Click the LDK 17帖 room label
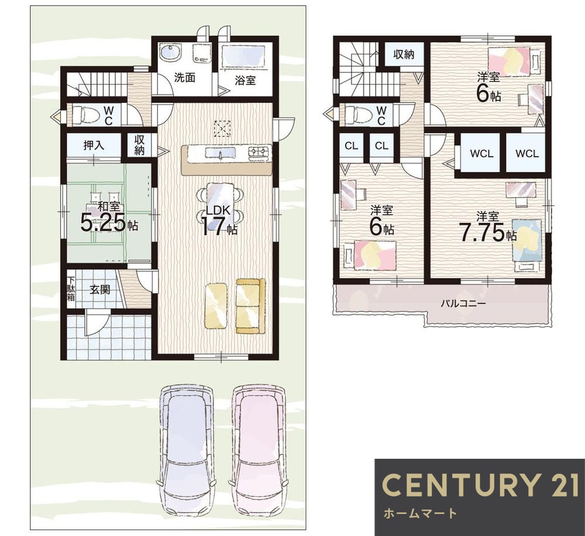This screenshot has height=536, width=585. (219, 221)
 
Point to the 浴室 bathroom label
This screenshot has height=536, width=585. (245, 80)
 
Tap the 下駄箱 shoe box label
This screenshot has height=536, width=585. (71, 288)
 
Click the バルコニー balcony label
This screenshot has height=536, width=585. (463, 303)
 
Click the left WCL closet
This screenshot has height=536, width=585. (481, 153)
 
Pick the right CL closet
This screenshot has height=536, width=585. (381, 146)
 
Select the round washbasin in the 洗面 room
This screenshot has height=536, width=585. (170, 53)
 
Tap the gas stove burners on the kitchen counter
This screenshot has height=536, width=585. (259, 152)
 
